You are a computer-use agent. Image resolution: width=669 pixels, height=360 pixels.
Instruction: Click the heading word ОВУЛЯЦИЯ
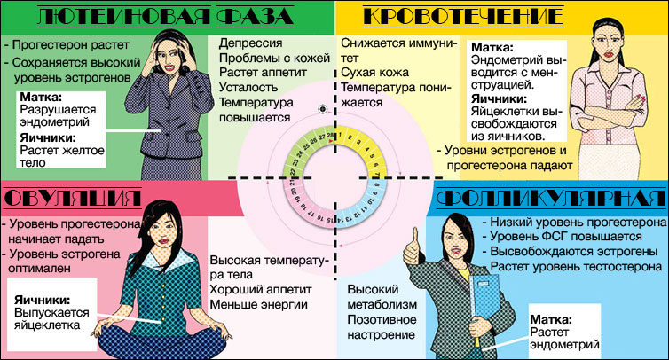tap(73, 199)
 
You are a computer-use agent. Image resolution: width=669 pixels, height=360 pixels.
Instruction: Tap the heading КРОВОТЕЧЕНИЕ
tap(463, 16)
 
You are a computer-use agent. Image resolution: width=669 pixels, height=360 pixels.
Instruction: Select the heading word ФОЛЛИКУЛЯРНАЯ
tap(551, 199)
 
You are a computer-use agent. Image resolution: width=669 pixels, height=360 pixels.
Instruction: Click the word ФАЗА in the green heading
tap(255, 16)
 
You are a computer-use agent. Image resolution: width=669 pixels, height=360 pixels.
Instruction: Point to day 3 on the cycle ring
tap(358, 142)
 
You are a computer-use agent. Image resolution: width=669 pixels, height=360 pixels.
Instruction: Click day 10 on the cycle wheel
tap(369, 201)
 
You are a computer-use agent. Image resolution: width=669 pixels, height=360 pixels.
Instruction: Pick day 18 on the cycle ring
tap(303, 207)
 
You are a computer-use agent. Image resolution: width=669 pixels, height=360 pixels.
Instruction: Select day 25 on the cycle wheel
tap(306, 146)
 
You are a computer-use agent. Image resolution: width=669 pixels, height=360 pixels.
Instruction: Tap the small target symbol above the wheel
tap(323, 109)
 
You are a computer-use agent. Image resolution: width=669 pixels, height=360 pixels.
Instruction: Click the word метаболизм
tap(382, 304)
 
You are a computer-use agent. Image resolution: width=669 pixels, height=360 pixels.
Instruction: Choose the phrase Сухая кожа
tap(374, 73)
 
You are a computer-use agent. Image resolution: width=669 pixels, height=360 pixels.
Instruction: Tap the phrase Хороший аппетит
tap(261, 290)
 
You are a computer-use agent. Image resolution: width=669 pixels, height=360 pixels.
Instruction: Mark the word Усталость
tap(248, 88)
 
